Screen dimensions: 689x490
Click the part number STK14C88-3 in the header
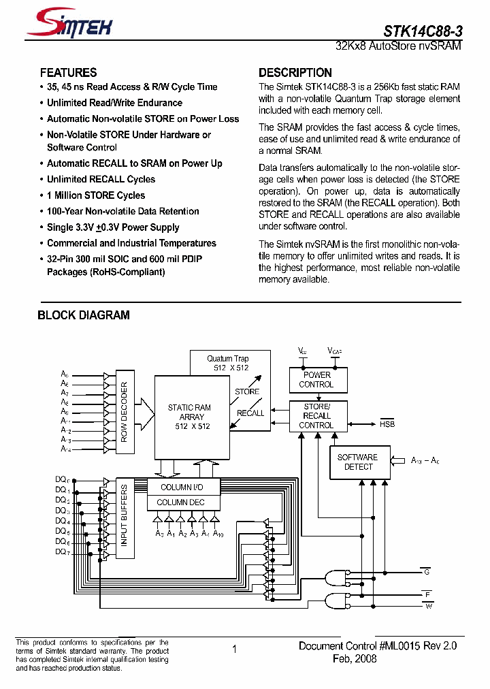pyautogui.click(x=422, y=31)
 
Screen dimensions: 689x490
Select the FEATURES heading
pyautogui.click(x=68, y=73)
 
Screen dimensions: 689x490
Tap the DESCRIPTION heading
pyautogui.click(x=295, y=73)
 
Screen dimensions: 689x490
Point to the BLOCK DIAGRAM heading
pyautogui.click(x=83, y=315)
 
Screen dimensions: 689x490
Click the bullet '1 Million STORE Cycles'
pyautogui.click(x=95, y=195)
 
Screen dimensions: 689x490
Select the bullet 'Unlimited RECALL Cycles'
pyautogui.click(x=101, y=179)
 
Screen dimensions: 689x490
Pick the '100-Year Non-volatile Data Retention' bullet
pyautogui.click(x=122, y=211)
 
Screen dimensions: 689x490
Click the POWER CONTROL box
pyautogui.click(x=316, y=379)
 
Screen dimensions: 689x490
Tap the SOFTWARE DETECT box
pyautogui.click(x=357, y=462)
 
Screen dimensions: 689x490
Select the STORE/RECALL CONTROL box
pyautogui.click(x=316, y=416)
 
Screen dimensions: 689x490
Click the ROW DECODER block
pyautogui.click(x=124, y=412)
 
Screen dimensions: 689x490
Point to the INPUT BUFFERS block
pyautogui.click(x=124, y=515)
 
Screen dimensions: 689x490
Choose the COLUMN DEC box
pyautogui.click(x=180, y=502)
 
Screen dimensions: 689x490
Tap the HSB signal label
pyautogui.click(x=387, y=424)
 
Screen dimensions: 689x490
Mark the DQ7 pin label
pyautogui.click(x=61, y=552)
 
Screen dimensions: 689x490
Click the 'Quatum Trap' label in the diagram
pyautogui.click(x=228, y=359)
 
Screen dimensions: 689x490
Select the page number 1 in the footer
pyautogui.click(x=234, y=650)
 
